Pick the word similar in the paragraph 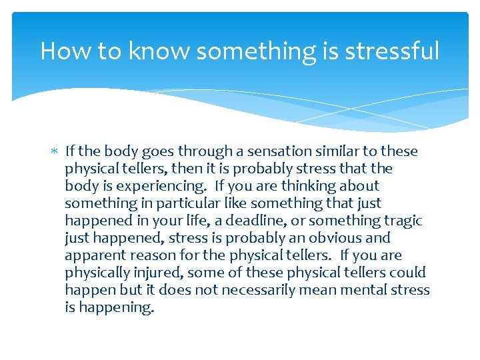point(333,151)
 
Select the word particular point(185,203)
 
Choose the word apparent point(92,255)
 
